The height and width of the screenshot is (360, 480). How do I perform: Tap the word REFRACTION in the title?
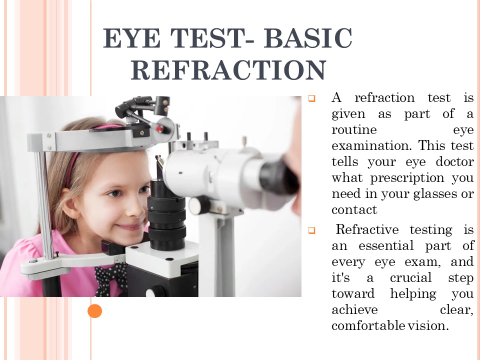[228, 70]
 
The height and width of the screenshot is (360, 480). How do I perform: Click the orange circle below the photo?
[94, 311]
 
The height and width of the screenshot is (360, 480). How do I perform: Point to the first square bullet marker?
[311, 98]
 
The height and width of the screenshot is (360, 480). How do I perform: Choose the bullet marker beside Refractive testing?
[311, 230]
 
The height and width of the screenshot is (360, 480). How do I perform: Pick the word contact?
[354, 209]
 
